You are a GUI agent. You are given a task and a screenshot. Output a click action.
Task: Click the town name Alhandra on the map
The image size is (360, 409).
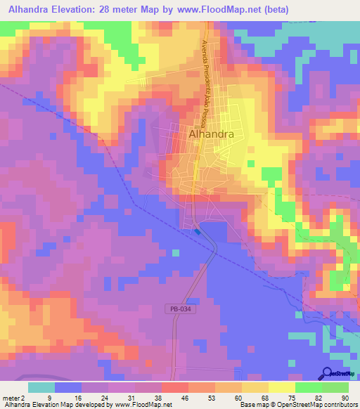coord(211,133)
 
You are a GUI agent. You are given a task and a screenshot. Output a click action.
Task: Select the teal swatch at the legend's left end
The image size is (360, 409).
coord(41,387)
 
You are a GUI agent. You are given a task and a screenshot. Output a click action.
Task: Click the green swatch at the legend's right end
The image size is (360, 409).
coord(335,387)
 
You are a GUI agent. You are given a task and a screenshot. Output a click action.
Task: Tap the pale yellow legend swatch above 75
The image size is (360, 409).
coord(282,387)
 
